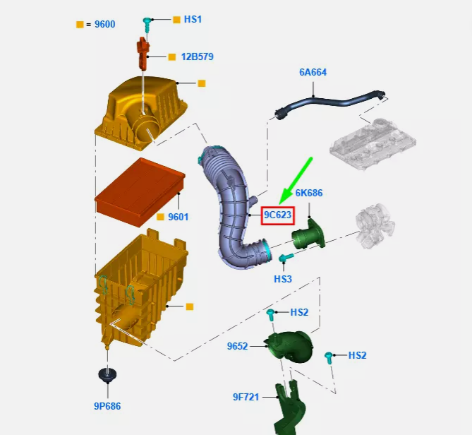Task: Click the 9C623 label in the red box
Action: [x=277, y=215]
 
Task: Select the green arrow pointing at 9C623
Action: [x=297, y=181]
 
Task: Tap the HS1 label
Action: [x=193, y=19]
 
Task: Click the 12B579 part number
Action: [x=197, y=56]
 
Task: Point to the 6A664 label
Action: [x=313, y=72]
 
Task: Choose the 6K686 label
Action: [x=309, y=193]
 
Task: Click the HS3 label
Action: [x=283, y=279]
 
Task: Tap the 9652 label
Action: [x=237, y=346]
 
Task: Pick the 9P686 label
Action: [x=108, y=406]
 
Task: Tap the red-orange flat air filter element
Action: [x=138, y=188]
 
